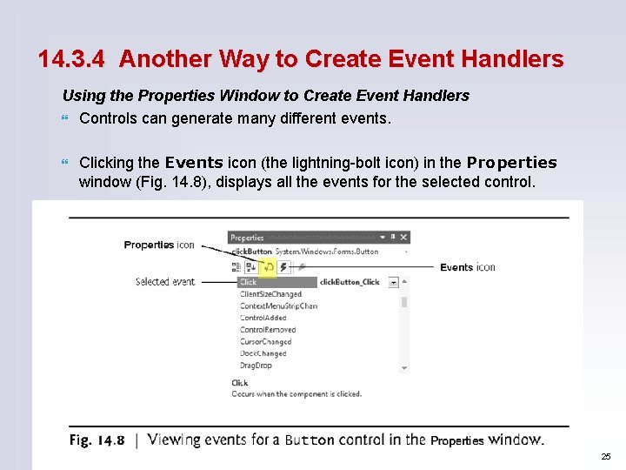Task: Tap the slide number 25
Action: (x=605, y=457)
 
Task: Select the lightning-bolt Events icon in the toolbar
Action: (x=283, y=267)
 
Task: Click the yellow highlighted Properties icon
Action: (x=267, y=267)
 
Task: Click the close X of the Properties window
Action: (x=403, y=237)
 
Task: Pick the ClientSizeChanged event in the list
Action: (x=270, y=294)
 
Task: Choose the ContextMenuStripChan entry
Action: (x=278, y=306)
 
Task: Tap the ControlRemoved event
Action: (x=268, y=330)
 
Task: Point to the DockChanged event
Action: (x=263, y=353)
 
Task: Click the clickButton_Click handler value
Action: (x=350, y=282)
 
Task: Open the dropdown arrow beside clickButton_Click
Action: (x=393, y=282)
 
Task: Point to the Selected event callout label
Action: (x=165, y=282)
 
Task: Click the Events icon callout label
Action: (x=468, y=267)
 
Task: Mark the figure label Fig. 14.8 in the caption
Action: (x=97, y=440)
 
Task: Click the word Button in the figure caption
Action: (x=310, y=440)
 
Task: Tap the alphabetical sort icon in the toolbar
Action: (x=251, y=267)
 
